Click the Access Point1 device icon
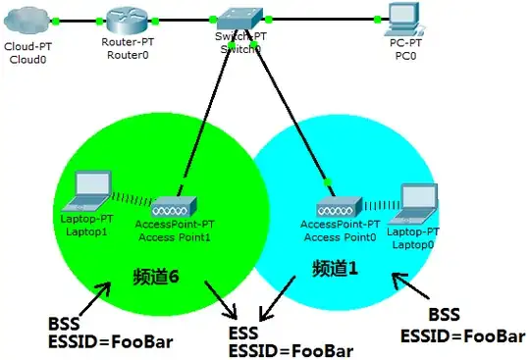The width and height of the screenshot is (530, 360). [x=173, y=207]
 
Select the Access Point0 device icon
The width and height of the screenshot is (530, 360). [x=338, y=207]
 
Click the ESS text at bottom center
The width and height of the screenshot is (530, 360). [x=243, y=332]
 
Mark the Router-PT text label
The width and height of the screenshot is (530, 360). [x=129, y=41]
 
